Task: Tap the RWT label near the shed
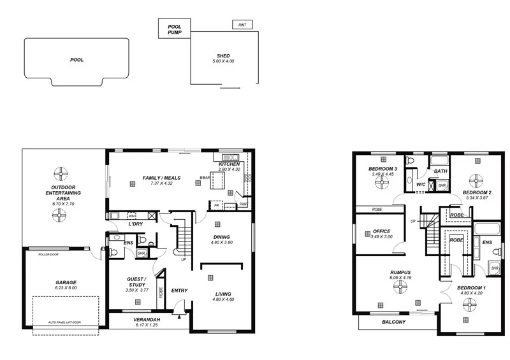point(242,25)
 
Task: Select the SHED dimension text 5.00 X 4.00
point(223,61)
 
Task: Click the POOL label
point(76,60)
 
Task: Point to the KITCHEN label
point(229,164)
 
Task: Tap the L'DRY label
point(135,224)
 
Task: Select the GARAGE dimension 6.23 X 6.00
point(65,288)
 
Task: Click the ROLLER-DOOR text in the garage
point(48,254)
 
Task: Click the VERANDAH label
point(146,320)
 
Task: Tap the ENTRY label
point(179,291)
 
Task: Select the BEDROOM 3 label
point(382,168)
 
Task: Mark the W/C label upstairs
point(421,185)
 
